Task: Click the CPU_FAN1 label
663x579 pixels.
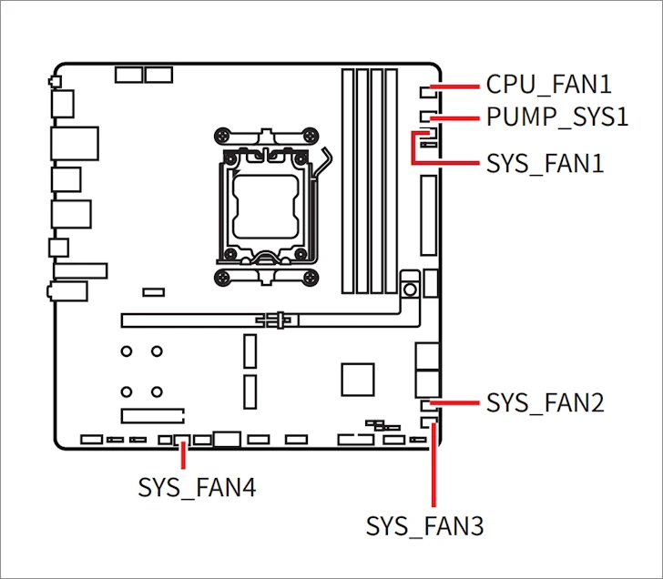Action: [x=548, y=85]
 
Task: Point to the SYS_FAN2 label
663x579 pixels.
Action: [x=546, y=402]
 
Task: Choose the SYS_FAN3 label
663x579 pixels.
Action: [x=424, y=526]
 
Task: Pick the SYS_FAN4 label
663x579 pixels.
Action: [x=197, y=487]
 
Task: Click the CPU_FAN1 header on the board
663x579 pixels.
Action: [x=429, y=91]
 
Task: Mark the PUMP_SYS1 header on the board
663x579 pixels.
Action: [x=429, y=117]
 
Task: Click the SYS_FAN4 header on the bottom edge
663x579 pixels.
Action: [x=179, y=440]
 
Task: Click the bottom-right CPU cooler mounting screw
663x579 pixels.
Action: [x=316, y=279]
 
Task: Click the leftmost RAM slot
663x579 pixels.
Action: [x=348, y=182]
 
